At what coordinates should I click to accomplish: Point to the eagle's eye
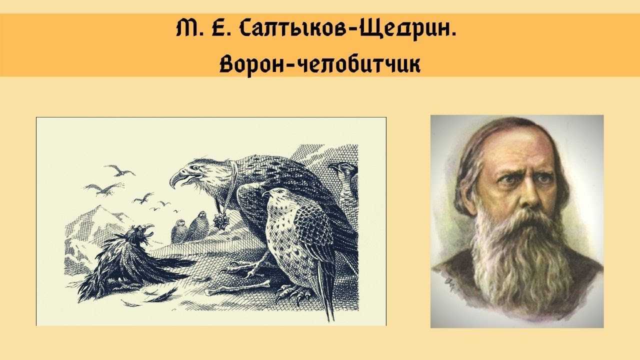[196, 167]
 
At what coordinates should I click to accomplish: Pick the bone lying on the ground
[237, 287]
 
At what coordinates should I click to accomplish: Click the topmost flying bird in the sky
[119, 170]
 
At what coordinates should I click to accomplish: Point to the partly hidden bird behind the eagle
[344, 177]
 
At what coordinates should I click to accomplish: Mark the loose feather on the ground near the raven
[165, 295]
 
